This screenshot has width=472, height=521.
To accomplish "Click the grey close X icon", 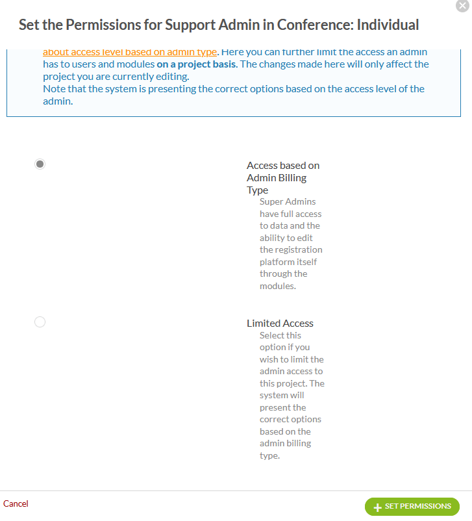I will [462, 6].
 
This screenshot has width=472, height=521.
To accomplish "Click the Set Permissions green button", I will [412, 507].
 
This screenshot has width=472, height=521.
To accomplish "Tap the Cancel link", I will [16, 503].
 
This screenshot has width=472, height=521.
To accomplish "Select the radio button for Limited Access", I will [40, 322].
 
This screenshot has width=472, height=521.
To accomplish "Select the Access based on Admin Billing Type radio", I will [40, 164].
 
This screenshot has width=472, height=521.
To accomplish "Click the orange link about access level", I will [130, 52].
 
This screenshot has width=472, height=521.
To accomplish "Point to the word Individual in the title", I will [388, 25].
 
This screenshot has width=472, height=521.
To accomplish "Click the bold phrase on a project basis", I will [197, 64].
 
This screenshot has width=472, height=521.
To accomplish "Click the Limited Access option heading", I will [280, 323].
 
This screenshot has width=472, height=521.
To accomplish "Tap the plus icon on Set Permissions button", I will [377, 507].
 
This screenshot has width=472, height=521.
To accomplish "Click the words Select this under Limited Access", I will [280, 335].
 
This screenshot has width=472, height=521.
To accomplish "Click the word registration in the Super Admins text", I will [291, 249].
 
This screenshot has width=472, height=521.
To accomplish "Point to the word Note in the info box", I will [54, 88].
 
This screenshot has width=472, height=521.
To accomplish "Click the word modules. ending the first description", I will [278, 286].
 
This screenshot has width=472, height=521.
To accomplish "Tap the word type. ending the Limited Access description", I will [269, 455].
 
